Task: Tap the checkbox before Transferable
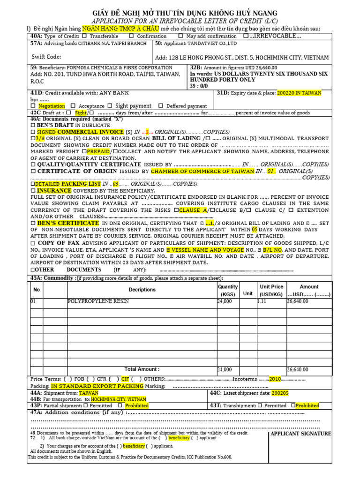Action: pyautogui.click(x=84, y=36)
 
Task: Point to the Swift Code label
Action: pyautogui.click(x=46, y=57)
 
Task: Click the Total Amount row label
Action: pyautogui.click(x=142, y=369)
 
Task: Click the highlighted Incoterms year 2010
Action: pyautogui.click(x=275, y=379)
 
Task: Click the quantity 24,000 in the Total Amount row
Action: pyautogui.click(x=225, y=370)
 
